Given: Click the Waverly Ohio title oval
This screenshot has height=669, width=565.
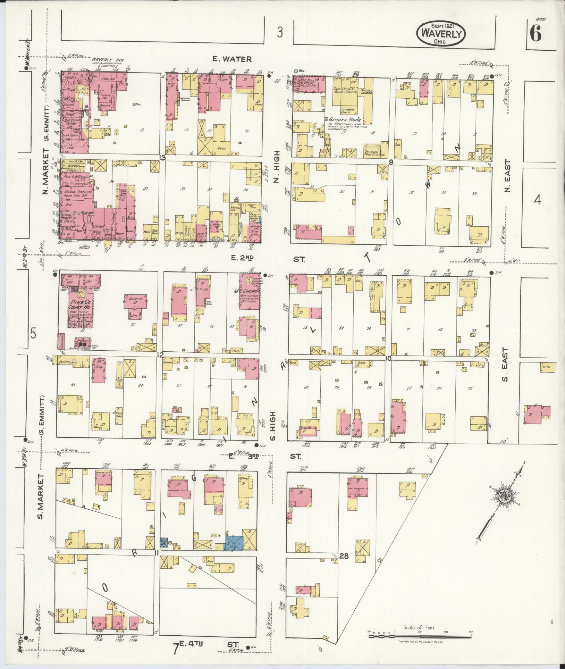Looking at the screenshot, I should tap(441, 33).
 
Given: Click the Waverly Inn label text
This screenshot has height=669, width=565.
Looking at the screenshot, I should tap(103, 59).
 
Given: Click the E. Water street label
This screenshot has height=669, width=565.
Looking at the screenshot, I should tap(232, 59).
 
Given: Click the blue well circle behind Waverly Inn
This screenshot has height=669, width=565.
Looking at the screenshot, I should tap(134, 104).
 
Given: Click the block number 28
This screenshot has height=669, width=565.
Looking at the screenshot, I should tap(344, 556).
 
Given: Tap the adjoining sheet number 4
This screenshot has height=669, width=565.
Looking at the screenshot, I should tap(537, 200).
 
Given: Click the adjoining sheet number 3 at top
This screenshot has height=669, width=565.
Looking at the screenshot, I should tap(280, 33).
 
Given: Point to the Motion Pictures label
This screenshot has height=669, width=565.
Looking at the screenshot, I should tap(77, 192).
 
